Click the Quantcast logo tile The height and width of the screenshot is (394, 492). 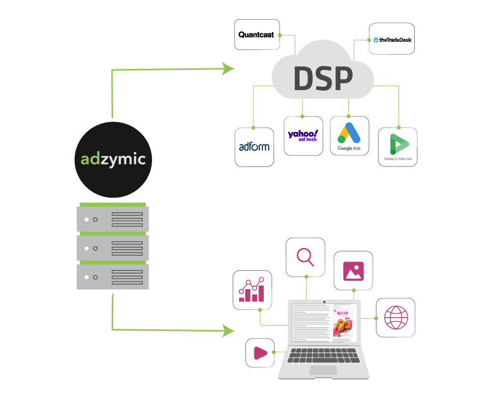[257, 34]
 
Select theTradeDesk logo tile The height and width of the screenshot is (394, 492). [392, 38]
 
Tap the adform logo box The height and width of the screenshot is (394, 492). [254, 147]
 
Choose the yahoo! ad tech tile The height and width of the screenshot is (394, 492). [303, 136]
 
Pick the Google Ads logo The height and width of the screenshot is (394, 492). [349, 136]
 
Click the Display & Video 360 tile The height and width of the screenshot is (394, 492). [398, 147]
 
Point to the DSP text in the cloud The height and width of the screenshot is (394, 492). [323, 78]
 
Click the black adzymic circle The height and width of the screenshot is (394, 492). [113, 159]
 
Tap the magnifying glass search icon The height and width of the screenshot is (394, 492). [306, 257]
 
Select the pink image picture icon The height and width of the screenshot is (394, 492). [353, 271]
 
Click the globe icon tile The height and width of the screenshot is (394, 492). [396, 318]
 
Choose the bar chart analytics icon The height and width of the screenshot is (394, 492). [252, 290]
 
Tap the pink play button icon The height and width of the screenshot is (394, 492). [260, 353]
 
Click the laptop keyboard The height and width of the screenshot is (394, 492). [324, 357]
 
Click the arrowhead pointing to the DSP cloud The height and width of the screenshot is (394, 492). [227, 69]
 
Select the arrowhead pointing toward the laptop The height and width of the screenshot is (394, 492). [227, 330]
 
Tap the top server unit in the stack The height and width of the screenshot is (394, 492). [113, 219]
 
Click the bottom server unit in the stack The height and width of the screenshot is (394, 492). [113, 277]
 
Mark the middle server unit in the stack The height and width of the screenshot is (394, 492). [113, 248]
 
